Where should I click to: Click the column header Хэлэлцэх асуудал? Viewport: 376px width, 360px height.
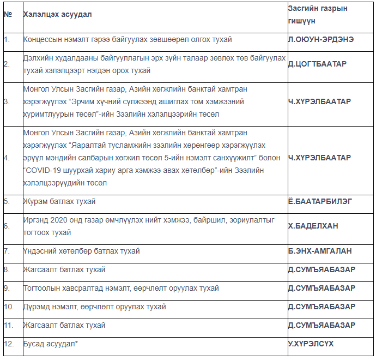57,14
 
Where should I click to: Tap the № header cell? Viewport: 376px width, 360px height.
8,14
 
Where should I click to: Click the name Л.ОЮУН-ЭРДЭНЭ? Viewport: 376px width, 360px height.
320,40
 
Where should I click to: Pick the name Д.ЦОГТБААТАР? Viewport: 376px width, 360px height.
317,64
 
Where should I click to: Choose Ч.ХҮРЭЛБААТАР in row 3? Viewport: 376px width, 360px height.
319,101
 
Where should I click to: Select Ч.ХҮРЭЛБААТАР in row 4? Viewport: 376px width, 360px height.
319,158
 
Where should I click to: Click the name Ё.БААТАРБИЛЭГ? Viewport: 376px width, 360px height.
320,201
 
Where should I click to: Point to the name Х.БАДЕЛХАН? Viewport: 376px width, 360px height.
314,225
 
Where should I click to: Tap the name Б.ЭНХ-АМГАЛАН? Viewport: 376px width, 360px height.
320,251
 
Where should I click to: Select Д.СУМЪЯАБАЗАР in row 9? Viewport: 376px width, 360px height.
322,288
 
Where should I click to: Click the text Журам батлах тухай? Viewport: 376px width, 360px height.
59,201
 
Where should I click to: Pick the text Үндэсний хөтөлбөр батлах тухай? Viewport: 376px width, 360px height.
81,251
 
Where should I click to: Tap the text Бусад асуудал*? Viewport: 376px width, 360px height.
51,344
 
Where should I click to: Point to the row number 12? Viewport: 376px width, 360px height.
8,344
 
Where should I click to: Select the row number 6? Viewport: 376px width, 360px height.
7,225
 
